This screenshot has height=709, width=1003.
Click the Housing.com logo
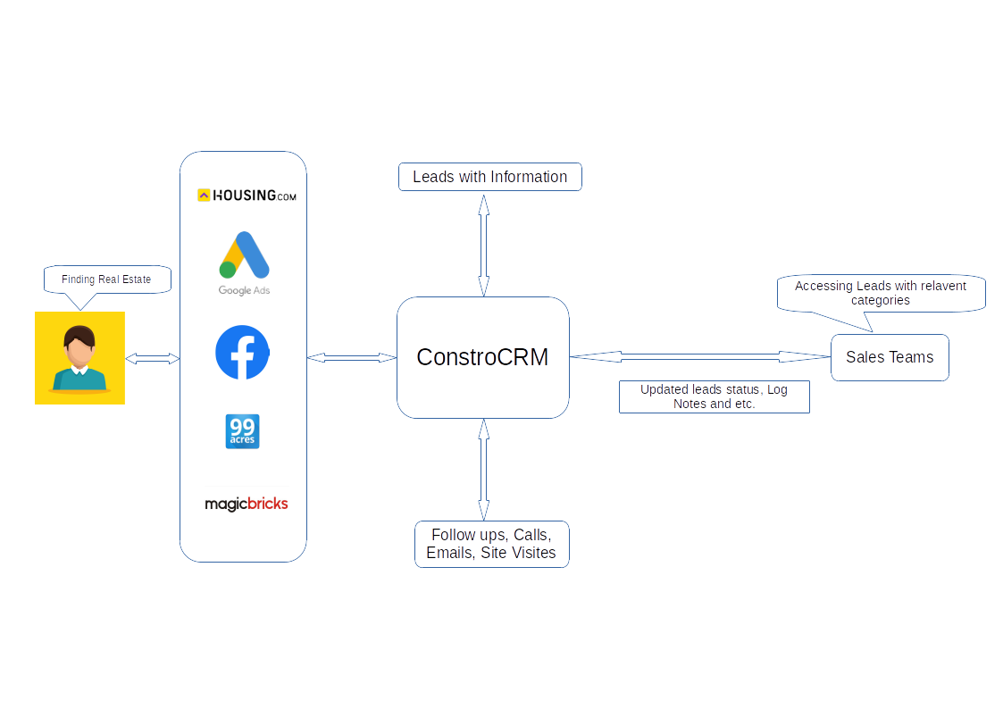click(247, 195)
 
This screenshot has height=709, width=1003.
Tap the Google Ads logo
click(244, 263)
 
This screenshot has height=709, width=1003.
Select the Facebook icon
click(242, 353)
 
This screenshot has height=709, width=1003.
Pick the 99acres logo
click(242, 431)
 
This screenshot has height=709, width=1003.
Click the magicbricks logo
click(247, 504)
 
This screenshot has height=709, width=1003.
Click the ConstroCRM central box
click(482, 357)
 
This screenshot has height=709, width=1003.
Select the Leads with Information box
click(489, 177)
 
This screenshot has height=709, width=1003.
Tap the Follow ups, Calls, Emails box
click(491, 544)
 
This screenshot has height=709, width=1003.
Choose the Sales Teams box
click(890, 357)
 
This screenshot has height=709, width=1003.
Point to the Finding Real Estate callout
click(106, 279)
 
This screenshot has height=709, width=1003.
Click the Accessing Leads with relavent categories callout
click(881, 293)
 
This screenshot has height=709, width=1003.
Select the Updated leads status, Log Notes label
click(714, 396)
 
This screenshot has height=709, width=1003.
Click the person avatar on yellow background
click(79, 358)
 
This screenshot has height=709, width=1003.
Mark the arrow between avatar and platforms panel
click(153, 358)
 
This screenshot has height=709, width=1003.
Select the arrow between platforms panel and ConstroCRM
click(352, 357)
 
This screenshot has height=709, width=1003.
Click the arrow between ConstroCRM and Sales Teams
click(700, 356)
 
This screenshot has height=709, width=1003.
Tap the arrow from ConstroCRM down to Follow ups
click(483, 470)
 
